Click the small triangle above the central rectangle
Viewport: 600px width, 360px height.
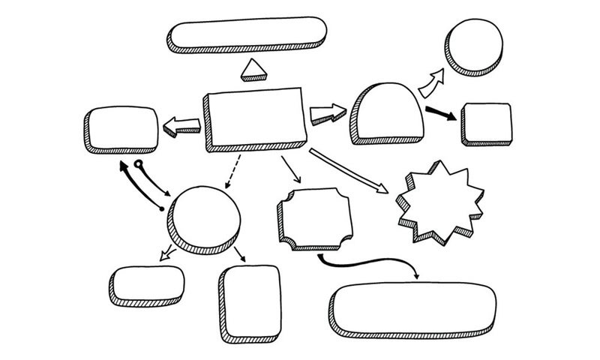[253, 70]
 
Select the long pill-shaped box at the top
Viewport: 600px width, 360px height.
[247, 33]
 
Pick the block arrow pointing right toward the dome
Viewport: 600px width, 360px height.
[327, 115]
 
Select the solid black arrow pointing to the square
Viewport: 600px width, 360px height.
[440, 114]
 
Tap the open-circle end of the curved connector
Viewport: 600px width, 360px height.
[138, 163]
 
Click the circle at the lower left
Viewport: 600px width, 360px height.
[205, 217]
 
